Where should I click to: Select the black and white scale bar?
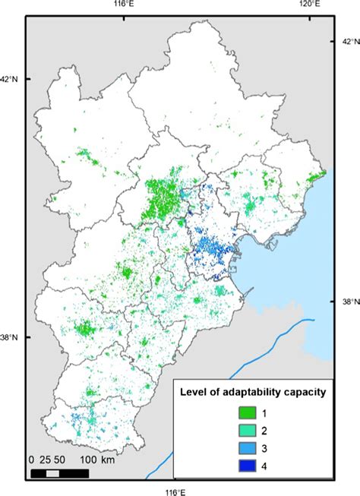click(x=59, y=473)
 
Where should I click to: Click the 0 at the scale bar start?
click(x=33, y=460)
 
